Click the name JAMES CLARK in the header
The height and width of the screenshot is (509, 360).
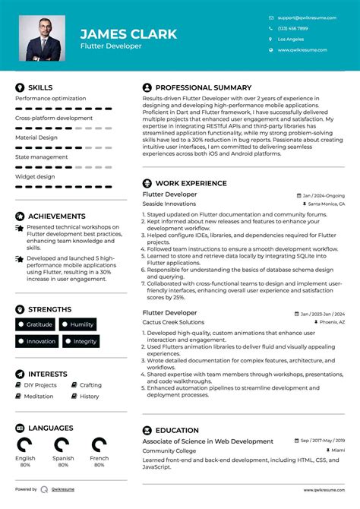[128, 34]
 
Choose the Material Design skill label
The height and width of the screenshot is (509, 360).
[36, 138]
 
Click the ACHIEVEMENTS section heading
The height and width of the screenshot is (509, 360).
[57, 217]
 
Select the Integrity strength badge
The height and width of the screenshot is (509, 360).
[85, 342]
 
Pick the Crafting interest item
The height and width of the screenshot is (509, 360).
[90, 385]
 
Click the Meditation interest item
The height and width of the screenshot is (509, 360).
[38, 396]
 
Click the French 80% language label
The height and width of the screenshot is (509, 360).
[99, 462]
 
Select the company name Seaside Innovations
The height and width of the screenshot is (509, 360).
[169, 204]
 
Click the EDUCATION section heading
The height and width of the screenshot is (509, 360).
[177, 430]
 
